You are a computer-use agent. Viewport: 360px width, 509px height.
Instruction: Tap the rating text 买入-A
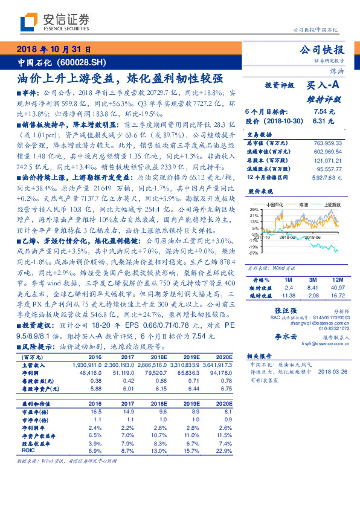(x=326, y=87)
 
